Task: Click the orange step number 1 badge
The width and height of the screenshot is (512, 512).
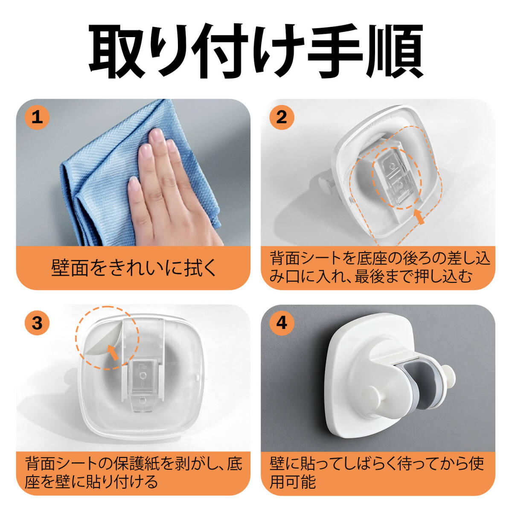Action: click(37, 117)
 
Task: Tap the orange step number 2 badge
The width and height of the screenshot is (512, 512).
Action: click(282, 117)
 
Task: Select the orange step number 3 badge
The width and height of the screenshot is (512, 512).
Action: click(37, 323)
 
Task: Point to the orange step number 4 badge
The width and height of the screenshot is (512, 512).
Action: click(282, 323)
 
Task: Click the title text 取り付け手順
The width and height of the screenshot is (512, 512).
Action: click(256, 51)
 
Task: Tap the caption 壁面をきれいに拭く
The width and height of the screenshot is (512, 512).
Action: click(134, 268)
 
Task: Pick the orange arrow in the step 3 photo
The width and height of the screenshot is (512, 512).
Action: click(113, 352)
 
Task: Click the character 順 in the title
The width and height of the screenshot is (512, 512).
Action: click(394, 51)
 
